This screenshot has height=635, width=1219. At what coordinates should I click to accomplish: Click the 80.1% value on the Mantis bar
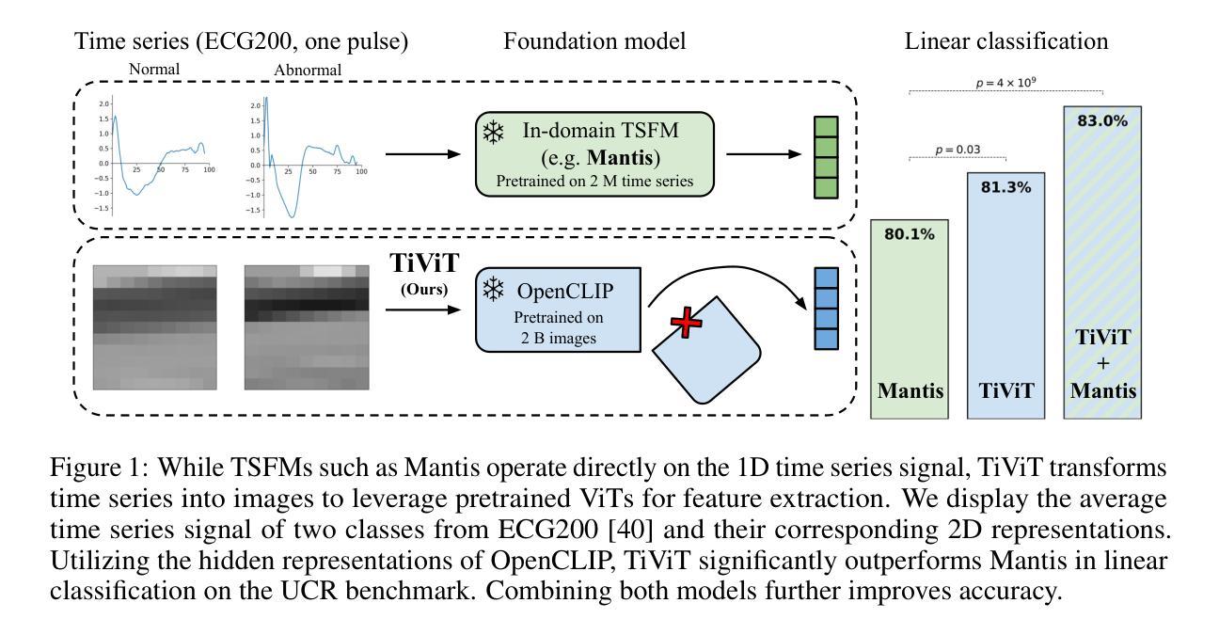[x=910, y=234]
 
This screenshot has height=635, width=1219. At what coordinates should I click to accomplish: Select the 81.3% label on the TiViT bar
[x=1005, y=188]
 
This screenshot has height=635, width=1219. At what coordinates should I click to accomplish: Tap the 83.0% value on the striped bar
[x=1102, y=120]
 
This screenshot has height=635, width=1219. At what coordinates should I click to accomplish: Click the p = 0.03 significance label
[x=958, y=150]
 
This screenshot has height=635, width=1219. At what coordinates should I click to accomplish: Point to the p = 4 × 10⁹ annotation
[x=1005, y=83]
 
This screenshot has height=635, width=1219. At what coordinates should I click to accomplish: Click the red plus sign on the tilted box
[x=687, y=323]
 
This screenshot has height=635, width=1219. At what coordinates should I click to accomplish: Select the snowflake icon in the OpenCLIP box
[x=494, y=290]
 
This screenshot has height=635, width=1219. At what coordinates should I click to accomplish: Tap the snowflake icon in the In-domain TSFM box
[x=494, y=133]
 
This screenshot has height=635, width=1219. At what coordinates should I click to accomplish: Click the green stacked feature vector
[x=826, y=157]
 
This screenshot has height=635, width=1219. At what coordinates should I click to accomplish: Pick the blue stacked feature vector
[x=826, y=309]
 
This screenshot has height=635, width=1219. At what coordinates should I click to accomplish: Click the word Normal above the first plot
[x=154, y=69]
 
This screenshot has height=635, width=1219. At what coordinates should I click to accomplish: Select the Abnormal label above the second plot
[x=308, y=71]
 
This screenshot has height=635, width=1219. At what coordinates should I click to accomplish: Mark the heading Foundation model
[x=594, y=41]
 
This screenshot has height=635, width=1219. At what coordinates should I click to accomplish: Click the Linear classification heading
[x=1006, y=41]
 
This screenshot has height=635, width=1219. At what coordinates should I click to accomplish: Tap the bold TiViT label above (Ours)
[x=424, y=263]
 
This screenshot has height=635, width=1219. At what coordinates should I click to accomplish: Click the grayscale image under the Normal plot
[x=155, y=327]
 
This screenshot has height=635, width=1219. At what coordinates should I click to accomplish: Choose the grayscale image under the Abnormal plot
[x=307, y=327]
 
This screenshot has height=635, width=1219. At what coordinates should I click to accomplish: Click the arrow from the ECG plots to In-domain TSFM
[x=423, y=154]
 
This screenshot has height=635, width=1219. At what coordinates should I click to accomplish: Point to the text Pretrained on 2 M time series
[x=594, y=182]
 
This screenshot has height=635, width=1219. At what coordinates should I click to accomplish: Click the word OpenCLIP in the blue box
[x=565, y=292]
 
